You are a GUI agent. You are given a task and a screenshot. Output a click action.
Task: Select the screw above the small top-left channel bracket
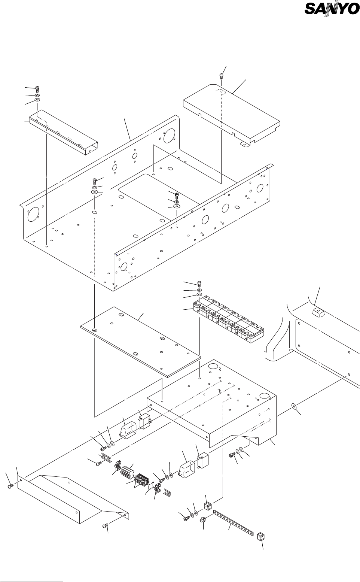(37, 89)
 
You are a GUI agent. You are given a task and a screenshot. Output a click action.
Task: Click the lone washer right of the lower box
(294, 406)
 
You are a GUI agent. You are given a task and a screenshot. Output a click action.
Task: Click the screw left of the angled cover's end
(10, 486)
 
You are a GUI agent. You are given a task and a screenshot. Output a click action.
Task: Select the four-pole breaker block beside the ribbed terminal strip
(126, 470)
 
